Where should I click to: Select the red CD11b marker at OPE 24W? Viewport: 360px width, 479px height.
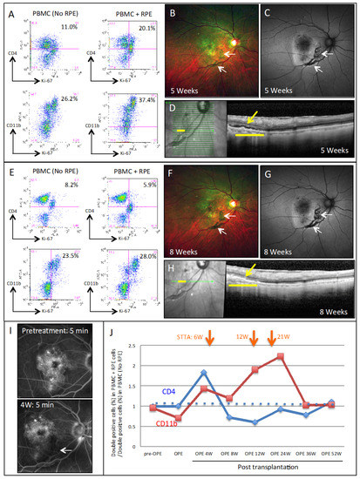(x=281, y=356)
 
